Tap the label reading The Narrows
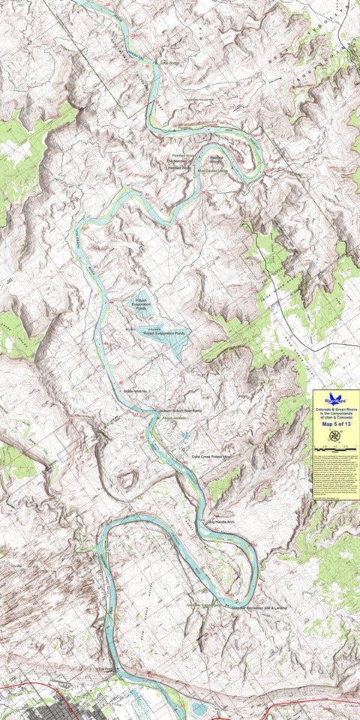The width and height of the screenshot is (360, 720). pyautogui.click(x=176, y=161)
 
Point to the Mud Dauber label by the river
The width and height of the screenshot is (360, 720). pyautogui.click(x=211, y=170)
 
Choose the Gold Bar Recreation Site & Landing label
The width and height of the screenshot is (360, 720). pyautogui.click(x=259, y=607)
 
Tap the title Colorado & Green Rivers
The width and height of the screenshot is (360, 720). pyautogui.click(x=335, y=410)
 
